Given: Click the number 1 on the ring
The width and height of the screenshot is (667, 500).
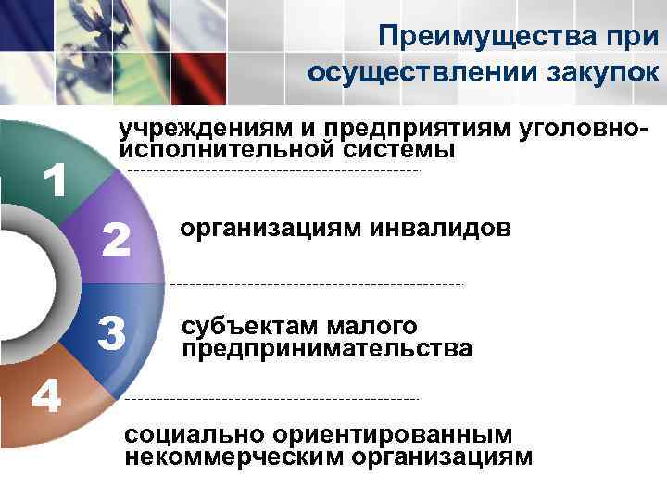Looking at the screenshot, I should pos(55,181).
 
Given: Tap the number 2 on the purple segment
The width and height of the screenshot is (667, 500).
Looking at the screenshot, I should pos(115,241).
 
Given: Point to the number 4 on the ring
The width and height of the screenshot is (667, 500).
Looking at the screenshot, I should pos(46,399).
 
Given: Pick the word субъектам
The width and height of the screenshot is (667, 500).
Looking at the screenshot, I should pos(245,327).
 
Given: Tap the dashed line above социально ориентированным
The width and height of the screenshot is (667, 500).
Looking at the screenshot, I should pos(272,399).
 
